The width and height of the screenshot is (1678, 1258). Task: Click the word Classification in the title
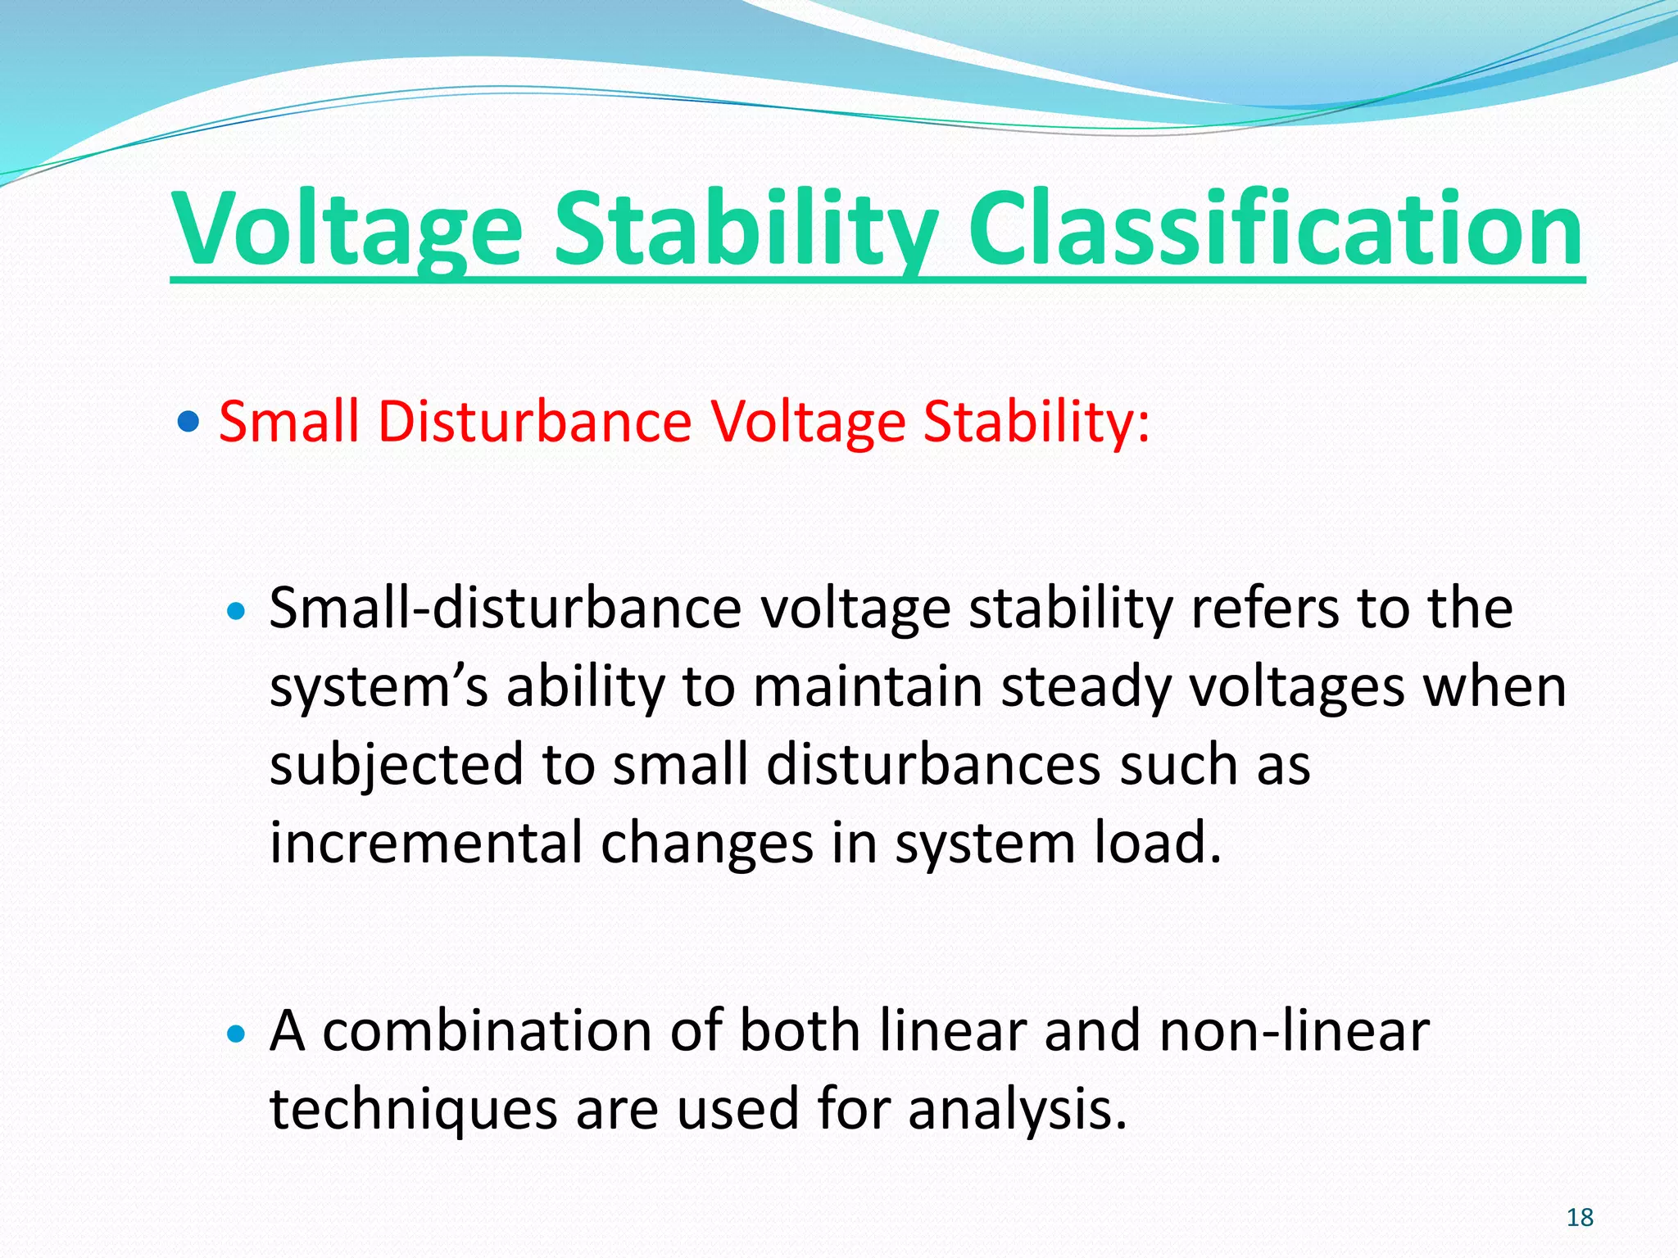coord(1275,229)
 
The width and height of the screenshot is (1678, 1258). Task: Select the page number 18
coord(1580,1218)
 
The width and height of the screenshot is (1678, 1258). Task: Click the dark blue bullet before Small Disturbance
coord(188,423)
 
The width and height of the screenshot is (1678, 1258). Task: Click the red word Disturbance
coord(534,423)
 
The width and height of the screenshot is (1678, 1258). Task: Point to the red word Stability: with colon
coord(1036,423)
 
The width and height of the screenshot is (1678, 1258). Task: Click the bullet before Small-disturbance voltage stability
coord(235,611)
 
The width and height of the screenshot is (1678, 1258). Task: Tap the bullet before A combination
coord(235,1034)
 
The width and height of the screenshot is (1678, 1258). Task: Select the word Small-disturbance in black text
coord(505,609)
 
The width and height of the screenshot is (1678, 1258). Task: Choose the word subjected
coord(396,765)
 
